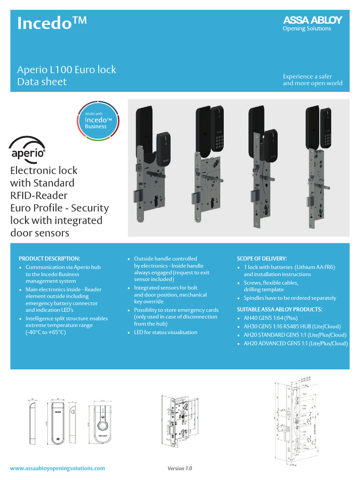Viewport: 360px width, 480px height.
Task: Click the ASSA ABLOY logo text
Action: [x=313, y=20]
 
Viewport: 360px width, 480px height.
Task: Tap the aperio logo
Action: [x=28, y=148]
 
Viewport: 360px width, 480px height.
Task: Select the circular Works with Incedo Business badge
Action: [x=98, y=120]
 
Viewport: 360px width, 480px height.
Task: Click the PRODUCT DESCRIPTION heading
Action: [x=49, y=258]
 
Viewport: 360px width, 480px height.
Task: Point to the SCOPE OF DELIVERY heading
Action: [x=262, y=258]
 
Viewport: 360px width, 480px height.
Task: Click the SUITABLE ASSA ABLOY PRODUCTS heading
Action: [x=279, y=309]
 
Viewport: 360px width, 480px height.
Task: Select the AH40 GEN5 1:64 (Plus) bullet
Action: [x=270, y=318]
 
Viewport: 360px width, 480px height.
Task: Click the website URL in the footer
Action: [x=58, y=468]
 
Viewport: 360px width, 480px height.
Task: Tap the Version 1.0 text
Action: [x=180, y=468]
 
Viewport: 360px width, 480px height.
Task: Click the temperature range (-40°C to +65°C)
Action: [x=46, y=332]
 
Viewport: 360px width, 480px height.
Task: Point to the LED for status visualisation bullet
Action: [x=165, y=332]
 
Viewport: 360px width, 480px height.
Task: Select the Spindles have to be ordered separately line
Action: [x=290, y=298]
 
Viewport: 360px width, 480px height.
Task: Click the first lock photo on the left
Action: [x=151, y=164]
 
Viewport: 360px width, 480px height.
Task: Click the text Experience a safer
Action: [x=304, y=76]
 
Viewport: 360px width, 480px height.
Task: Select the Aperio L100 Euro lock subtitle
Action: [x=67, y=70]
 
